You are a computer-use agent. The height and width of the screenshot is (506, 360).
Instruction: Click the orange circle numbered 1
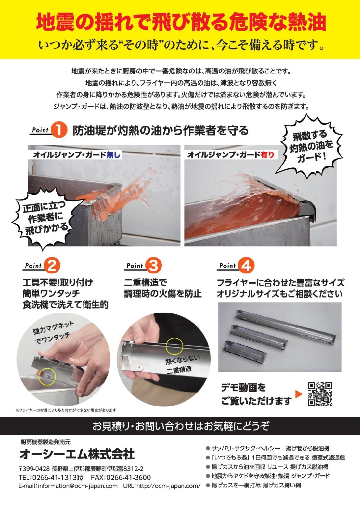(59, 130)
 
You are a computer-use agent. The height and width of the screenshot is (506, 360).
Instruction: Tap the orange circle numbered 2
(52, 266)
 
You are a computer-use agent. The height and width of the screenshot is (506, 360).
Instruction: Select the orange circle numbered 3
(153, 266)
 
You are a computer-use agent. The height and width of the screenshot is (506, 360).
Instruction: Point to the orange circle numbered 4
(246, 266)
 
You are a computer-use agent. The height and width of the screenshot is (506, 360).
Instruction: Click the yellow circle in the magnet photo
(47, 376)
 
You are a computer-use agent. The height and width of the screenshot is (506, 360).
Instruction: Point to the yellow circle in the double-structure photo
(174, 347)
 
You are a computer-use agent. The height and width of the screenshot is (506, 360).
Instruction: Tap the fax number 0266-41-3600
(128, 477)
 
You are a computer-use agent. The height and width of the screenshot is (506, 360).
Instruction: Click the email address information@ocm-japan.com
(78, 486)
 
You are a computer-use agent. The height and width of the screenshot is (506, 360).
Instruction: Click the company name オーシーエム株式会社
(77, 454)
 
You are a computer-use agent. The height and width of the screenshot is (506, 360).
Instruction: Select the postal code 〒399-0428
(34, 469)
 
